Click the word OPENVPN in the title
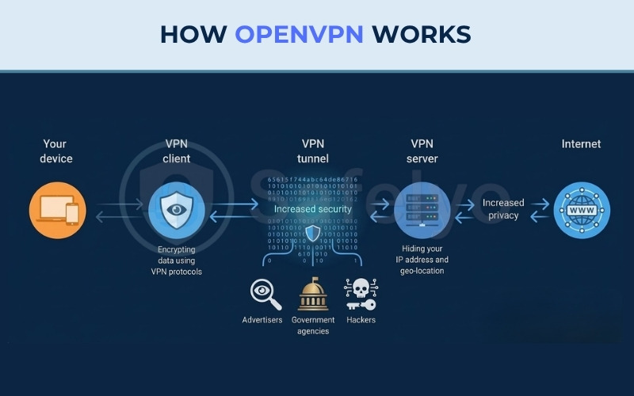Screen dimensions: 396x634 300,34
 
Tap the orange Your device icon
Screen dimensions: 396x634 57,211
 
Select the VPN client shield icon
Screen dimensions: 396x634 176,211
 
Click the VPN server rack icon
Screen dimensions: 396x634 420,209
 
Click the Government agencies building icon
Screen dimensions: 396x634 313,294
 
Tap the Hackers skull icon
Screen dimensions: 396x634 361,294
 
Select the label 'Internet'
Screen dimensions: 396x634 581,144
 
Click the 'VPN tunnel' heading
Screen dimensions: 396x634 313,151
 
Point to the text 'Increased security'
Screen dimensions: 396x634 313,209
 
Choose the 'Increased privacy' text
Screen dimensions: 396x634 503,209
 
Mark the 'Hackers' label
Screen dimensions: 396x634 361,320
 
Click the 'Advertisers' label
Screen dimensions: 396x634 262,320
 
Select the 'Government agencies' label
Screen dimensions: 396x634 313,326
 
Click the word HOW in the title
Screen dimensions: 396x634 194,34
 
